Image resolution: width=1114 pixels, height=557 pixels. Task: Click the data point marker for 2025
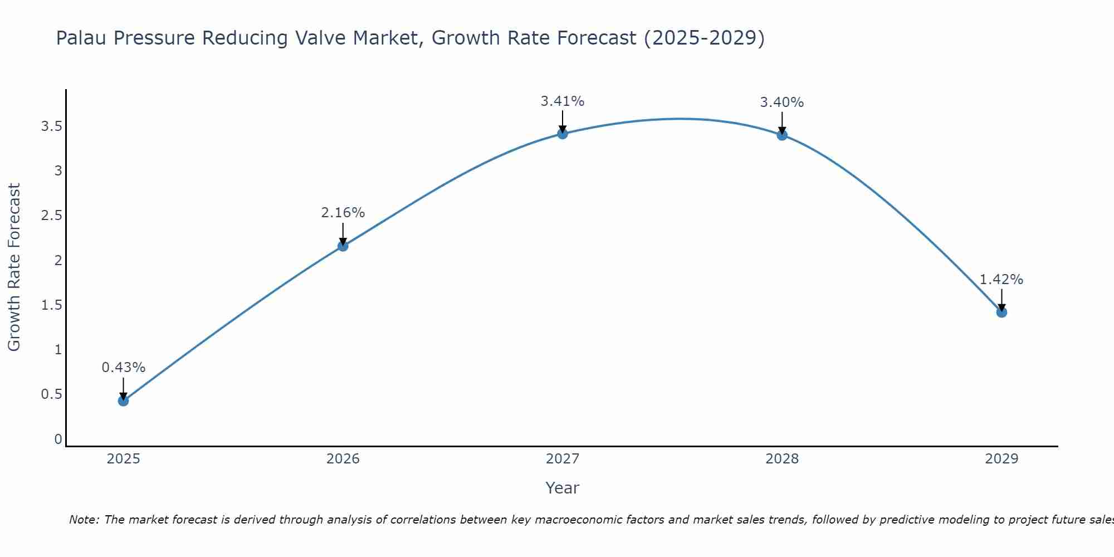pos(123,400)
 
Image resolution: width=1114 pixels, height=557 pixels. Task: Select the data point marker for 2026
pos(343,246)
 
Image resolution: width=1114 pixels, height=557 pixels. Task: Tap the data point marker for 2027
pos(563,134)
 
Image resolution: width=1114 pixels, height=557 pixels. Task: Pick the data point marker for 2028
pos(782,135)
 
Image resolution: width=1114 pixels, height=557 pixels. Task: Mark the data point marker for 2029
pos(1001,312)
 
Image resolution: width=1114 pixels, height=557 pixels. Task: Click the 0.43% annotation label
pos(123,368)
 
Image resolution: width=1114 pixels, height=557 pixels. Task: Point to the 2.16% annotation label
pos(343,213)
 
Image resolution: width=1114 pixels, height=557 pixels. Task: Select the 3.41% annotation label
pos(563,101)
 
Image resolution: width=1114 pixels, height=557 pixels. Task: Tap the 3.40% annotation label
pos(782,102)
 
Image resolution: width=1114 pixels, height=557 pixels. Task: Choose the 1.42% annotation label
pos(1001,280)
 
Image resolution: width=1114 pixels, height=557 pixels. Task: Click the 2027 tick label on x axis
pos(563,459)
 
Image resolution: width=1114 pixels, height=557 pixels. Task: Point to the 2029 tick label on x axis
pos(1001,459)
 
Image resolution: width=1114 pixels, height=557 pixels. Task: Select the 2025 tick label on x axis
pos(123,459)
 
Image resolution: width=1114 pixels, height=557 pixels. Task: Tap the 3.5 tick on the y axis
pos(51,126)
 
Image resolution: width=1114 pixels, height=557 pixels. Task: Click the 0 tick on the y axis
pos(58,439)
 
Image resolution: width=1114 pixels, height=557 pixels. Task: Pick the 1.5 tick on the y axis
pos(51,305)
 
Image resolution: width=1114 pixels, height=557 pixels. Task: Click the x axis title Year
pos(563,488)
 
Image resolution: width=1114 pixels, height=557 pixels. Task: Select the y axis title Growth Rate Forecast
pos(14,267)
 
